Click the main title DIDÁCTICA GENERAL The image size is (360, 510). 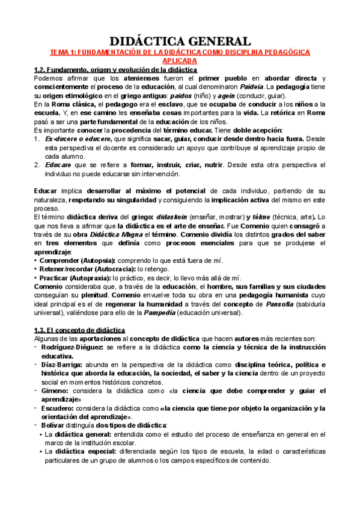coord(180,41)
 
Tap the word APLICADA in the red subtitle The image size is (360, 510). coord(180,61)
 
